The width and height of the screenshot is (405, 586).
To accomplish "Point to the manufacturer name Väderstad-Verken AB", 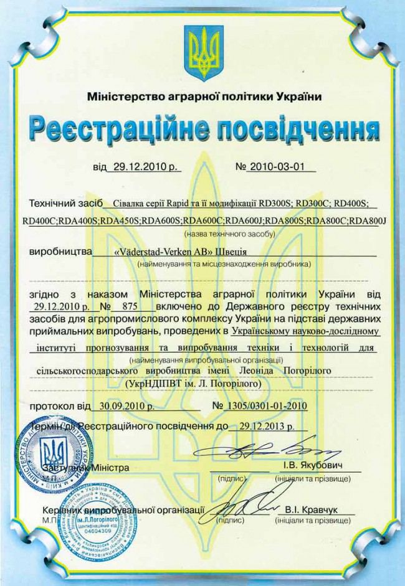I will point(156,252).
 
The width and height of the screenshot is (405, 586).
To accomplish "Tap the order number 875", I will point(129,306).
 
